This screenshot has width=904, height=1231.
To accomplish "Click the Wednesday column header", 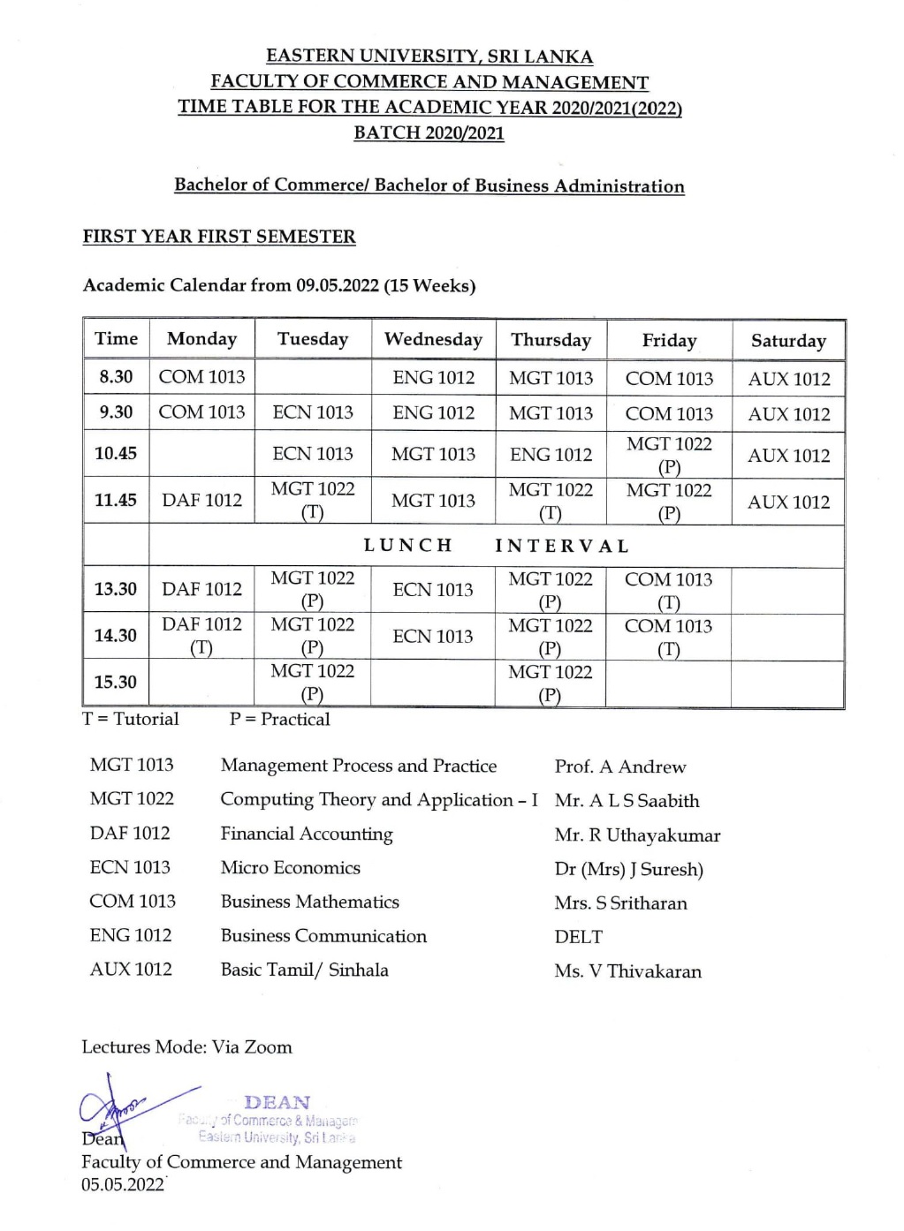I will [x=433, y=340].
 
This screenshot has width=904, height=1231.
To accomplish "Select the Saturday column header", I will [x=788, y=341].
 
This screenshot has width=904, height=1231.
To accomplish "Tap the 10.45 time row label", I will [x=116, y=454].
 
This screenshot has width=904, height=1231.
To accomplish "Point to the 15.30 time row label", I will [x=116, y=683].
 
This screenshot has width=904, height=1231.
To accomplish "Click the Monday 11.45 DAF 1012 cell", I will [x=201, y=501].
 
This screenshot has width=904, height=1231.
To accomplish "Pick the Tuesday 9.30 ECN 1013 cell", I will [x=313, y=412].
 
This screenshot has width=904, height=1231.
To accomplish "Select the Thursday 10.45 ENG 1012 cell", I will [x=551, y=455].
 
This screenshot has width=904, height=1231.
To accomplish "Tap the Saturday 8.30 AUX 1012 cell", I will [x=789, y=379].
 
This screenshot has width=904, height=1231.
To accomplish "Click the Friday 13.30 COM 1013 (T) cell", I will [x=668, y=591].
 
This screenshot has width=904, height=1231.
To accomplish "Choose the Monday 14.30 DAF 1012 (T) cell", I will [x=201, y=636].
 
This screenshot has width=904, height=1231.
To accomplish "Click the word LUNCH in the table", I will [x=408, y=546].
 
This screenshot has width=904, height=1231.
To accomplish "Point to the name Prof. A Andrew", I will [x=620, y=767].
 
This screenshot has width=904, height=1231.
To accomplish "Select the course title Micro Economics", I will [x=291, y=868].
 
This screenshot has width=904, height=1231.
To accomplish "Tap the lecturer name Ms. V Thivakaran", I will [x=628, y=971].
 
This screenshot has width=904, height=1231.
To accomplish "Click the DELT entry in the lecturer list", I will [x=579, y=937].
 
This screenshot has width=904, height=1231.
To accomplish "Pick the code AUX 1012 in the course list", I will [x=131, y=970].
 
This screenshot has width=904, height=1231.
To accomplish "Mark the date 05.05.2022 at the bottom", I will [x=123, y=1185].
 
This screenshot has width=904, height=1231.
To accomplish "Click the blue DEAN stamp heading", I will [x=277, y=1103].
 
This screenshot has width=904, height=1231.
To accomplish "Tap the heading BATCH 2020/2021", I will [x=429, y=133].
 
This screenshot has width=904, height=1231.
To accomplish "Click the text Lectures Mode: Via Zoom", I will [x=186, y=1047].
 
